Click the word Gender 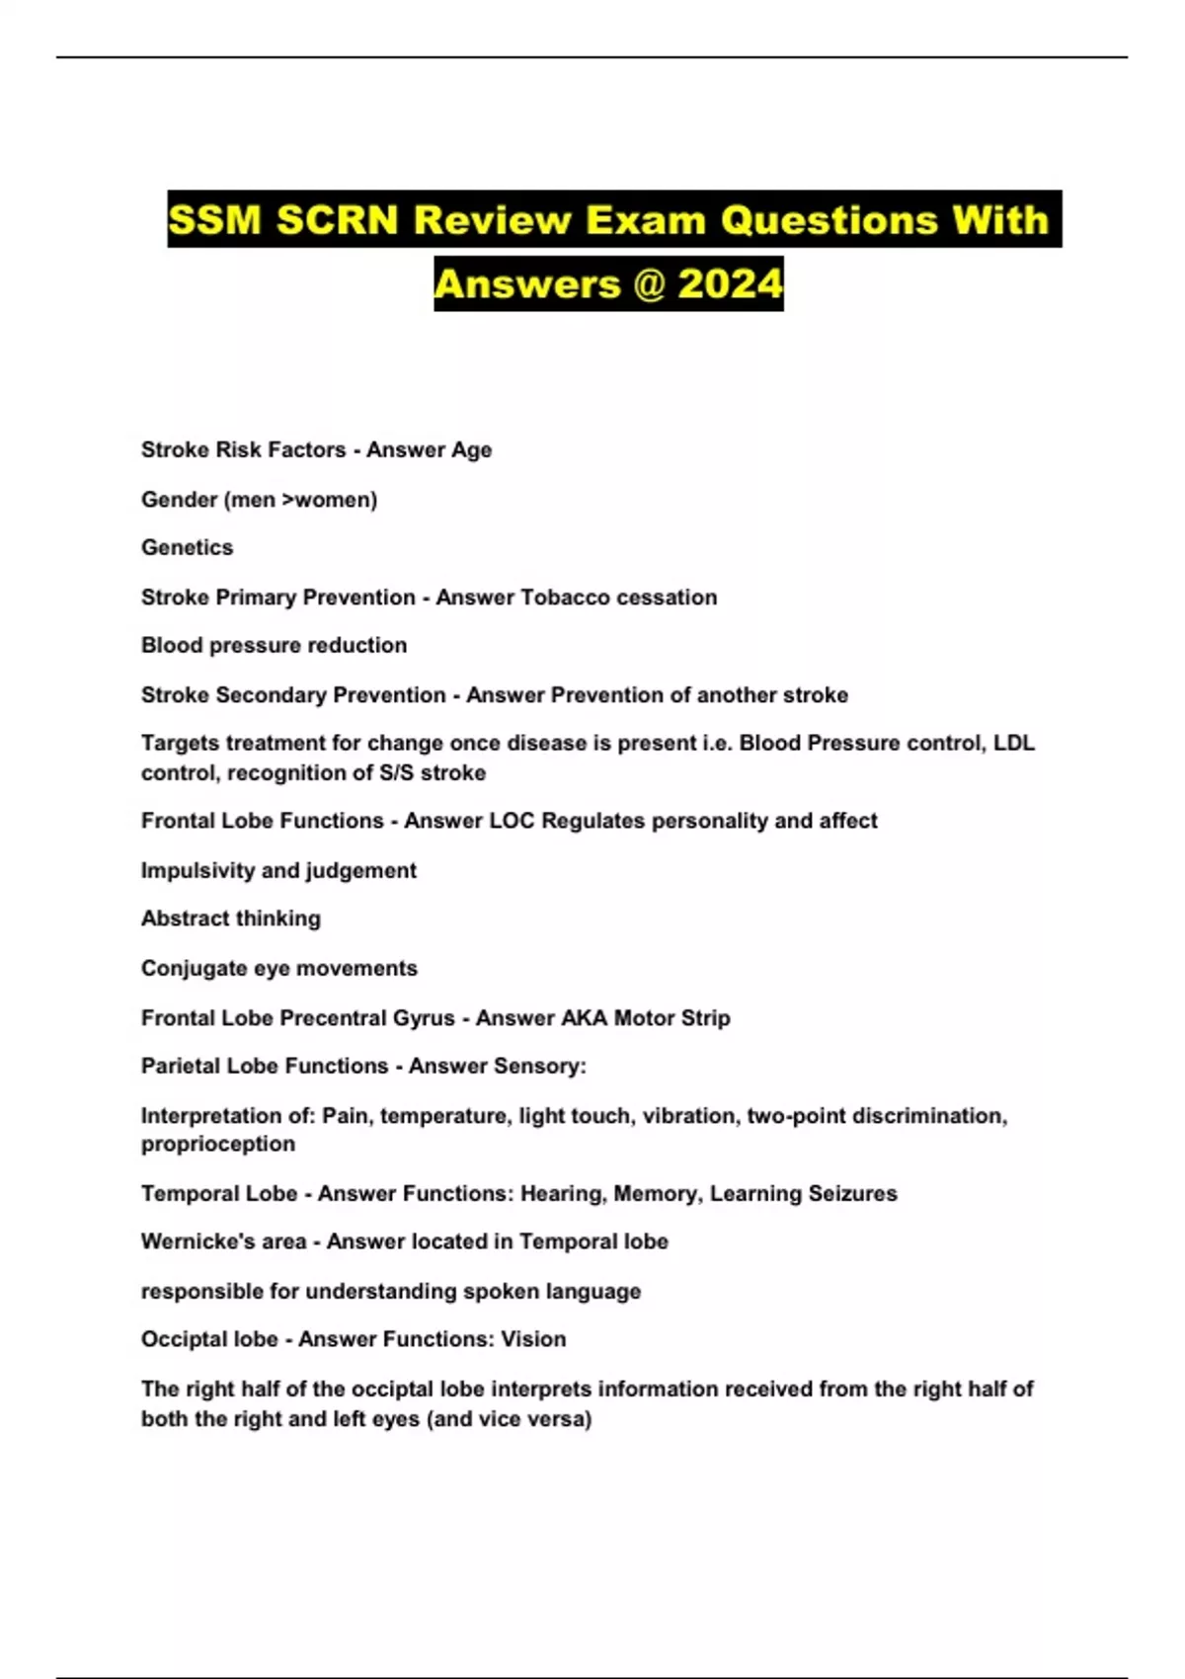tap(179, 500)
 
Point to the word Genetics tap(187, 547)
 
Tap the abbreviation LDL tap(1013, 743)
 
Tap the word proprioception tap(218, 1144)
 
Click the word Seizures tap(852, 1193)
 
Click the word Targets tap(180, 743)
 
